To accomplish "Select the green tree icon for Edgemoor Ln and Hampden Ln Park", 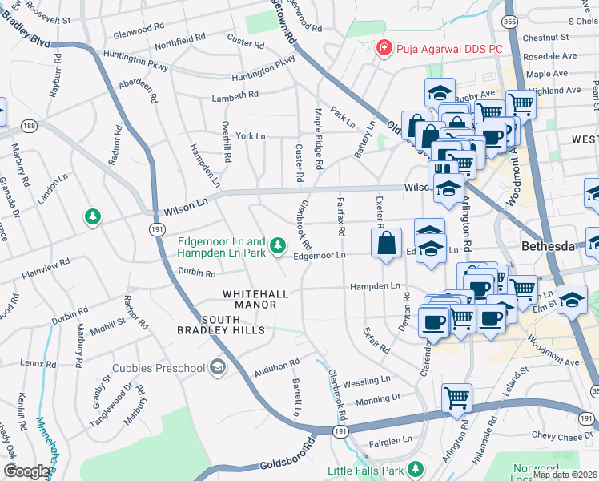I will tap(277, 245).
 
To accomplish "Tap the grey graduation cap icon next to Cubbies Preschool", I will tap(217, 368).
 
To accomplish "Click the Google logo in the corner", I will tap(26, 471).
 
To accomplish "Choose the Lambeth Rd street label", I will tap(235, 95).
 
